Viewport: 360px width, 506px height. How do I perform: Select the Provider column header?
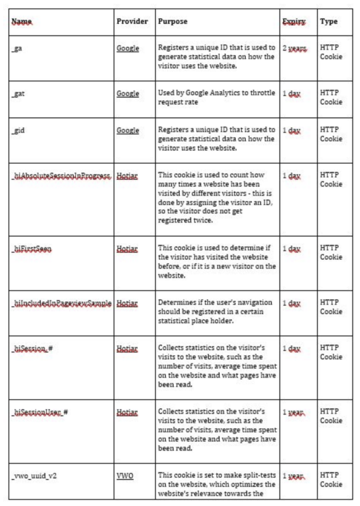132,22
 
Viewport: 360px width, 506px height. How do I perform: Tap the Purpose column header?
172,22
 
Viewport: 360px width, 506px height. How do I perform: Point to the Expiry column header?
293,22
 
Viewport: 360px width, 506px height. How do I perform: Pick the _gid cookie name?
19,130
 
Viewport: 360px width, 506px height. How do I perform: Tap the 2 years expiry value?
294,48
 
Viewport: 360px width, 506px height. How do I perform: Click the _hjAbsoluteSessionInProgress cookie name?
61,176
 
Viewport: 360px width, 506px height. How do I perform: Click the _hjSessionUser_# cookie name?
40,412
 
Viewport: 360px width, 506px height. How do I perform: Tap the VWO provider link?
125,476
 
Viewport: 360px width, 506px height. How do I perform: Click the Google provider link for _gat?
127,93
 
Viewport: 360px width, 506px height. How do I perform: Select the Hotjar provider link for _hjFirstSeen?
127,249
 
